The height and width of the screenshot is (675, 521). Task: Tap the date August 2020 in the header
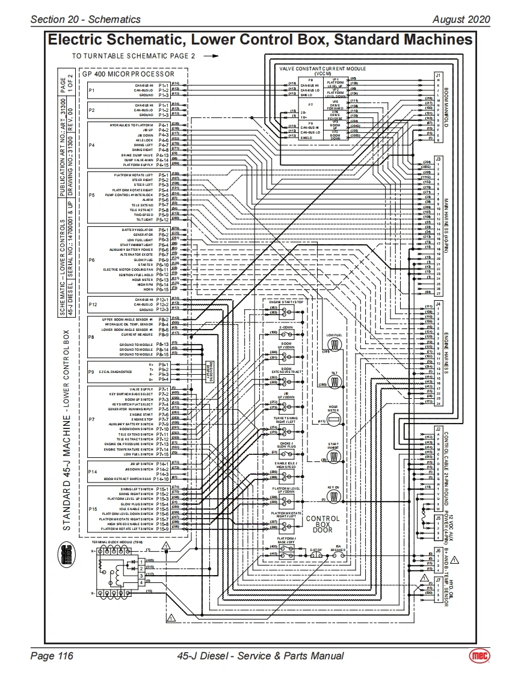(461, 19)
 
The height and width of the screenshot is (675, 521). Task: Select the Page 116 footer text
(52, 656)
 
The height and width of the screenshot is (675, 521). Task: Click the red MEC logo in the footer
(480, 656)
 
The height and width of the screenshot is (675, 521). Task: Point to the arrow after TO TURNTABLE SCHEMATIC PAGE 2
(210, 55)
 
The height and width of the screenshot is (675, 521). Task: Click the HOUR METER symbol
(334, 419)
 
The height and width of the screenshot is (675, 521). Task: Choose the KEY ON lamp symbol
(334, 496)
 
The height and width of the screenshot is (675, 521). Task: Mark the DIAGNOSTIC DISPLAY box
(210, 373)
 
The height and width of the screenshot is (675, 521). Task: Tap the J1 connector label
(438, 75)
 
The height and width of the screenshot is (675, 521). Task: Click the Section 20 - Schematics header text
(85, 19)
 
